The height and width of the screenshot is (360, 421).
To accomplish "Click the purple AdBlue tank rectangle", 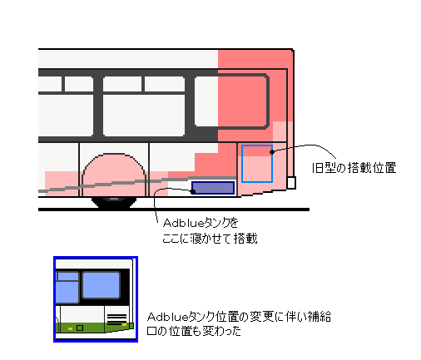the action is [x=213, y=188].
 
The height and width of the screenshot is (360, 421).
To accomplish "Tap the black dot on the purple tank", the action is [x=193, y=191].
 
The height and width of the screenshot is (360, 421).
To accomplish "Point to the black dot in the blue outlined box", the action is [x=272, y=151].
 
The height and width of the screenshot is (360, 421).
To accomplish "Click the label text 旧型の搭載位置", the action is [x=354, y=168].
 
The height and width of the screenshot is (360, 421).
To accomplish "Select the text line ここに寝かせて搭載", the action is [x=210, y=239].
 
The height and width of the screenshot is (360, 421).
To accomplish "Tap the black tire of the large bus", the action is [x=114, y=202].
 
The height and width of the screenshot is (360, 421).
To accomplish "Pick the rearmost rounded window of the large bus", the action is [x=231, y=101].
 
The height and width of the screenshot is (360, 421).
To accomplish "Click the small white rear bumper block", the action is [x=291, y=183].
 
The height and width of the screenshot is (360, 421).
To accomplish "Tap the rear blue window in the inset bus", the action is [x=101, y=285].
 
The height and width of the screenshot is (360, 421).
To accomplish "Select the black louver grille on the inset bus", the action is [x=116, y=319].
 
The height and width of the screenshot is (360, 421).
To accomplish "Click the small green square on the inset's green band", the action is [x=80, y=328].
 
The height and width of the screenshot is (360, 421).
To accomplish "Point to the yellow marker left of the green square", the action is [x=71, y=328].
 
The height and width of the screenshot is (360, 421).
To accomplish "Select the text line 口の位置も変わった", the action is [x=194, y=331].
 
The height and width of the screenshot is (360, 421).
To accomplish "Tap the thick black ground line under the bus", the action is [x=174, y=210].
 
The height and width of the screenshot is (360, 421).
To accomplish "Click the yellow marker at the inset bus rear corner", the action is [x=124, y=324].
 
